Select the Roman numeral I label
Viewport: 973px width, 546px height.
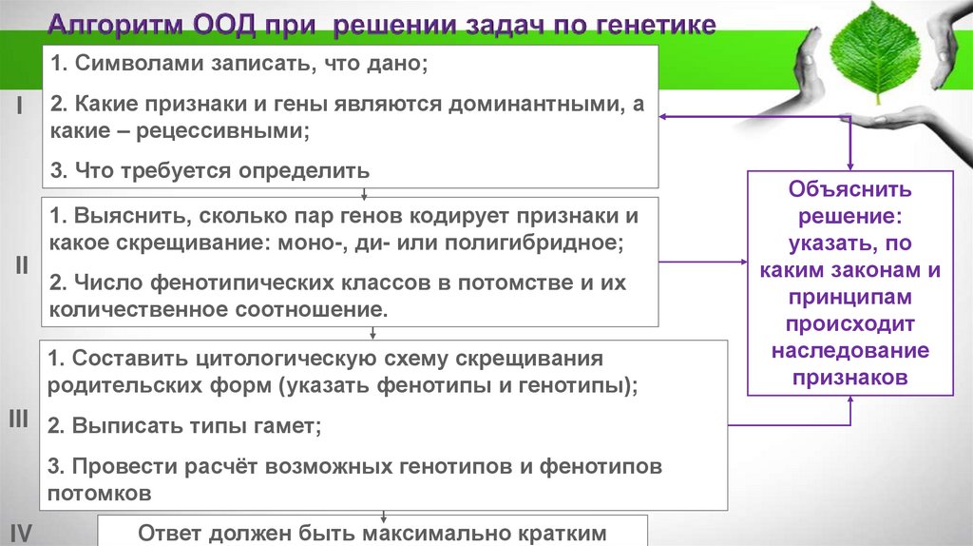point(19,107)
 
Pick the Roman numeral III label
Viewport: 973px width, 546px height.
point(19,419)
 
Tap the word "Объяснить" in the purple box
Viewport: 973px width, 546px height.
point(850,188)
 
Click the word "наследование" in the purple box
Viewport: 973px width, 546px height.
point(850,350)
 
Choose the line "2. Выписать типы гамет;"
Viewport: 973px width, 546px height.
point(185,426)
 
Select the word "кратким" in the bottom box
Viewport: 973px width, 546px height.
point(548,533)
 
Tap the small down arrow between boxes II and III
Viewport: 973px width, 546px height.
point(373,334)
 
